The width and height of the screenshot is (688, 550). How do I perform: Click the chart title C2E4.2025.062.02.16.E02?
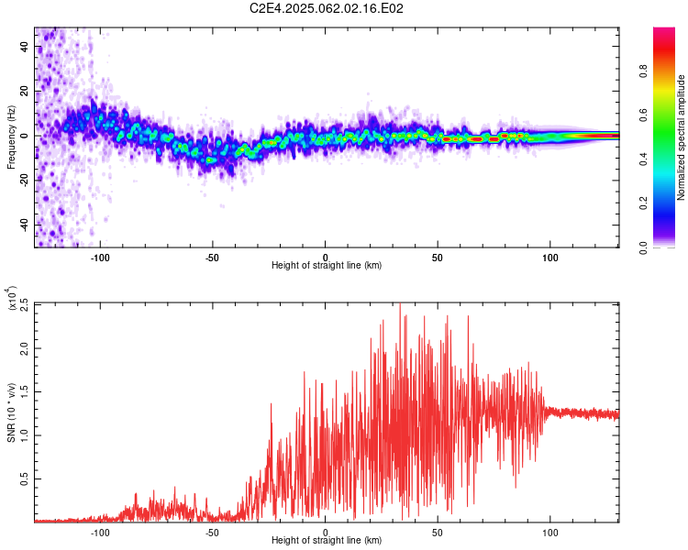[x=326, y=8]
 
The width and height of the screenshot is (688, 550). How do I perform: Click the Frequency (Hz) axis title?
[x=11, y=137]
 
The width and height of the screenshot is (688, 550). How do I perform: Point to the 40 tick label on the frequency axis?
[x=25, y=46]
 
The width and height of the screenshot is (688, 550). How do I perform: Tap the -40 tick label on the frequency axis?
[x=25, y=225]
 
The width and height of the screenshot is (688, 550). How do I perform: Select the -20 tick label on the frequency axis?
[x=25, y=181]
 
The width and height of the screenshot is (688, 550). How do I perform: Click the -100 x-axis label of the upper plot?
[x=100, y=258]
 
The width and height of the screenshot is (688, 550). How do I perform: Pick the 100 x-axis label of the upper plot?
[x=549, y=258]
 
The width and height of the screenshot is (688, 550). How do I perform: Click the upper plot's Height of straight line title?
[x=327, y=265]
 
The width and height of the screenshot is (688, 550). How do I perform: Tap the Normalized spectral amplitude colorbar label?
[x=681, y=137]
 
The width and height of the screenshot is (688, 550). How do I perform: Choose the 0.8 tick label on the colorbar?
[x=643, y=71]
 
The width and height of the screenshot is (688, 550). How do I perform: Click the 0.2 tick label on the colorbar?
[x=643, y=203]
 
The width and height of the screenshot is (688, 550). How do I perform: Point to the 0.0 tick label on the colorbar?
[x=643, y=247]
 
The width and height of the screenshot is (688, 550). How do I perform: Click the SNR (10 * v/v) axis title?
[x=11, y=412]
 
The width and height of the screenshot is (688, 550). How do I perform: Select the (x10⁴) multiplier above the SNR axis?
[x=12, y=298]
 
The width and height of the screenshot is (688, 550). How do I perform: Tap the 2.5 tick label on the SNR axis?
[x=25, y=305]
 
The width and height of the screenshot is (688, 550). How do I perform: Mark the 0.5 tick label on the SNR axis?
[x=25, y=478]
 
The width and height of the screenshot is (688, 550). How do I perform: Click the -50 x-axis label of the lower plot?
[x=212, y=533]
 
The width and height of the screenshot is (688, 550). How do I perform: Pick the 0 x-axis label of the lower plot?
[x=325, y=533]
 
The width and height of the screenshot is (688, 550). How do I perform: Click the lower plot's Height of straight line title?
[x=327, y=540]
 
